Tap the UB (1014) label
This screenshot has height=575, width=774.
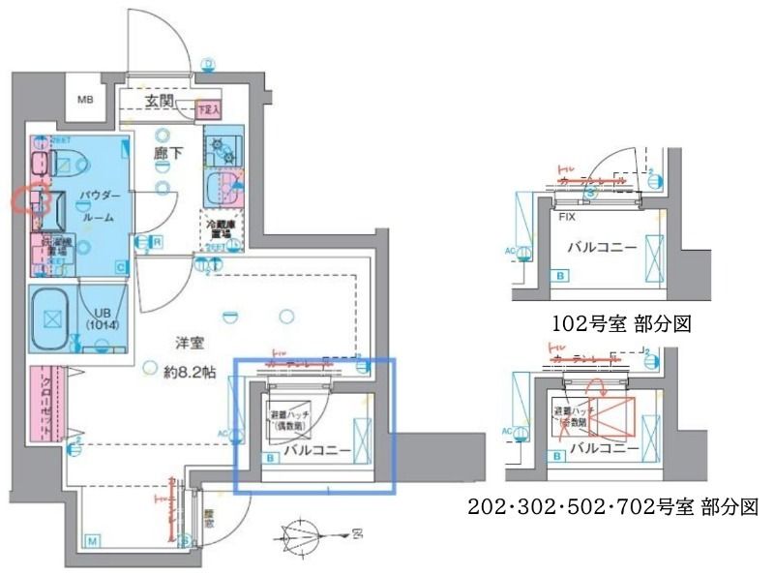(100, 318)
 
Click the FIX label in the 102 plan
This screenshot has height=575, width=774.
(569, 217)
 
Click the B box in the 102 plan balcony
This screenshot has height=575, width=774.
(561, 276)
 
